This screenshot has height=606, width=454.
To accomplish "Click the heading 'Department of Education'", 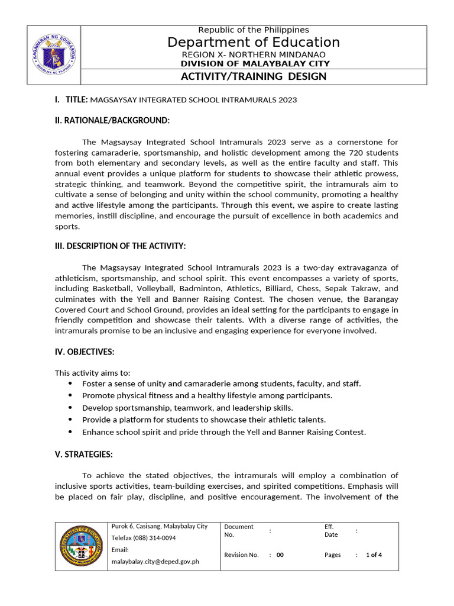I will coord(254,42).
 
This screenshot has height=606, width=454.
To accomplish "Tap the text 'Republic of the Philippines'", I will coord(254,30).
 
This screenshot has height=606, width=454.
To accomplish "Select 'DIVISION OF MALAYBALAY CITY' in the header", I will coord(255,63).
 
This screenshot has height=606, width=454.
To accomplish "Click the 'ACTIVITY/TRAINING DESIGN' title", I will coord(254,77).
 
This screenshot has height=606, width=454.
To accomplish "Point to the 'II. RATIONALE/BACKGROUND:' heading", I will coord(112,121).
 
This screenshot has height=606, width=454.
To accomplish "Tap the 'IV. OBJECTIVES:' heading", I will coord(85,352).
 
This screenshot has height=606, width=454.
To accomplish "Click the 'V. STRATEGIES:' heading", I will coord(83,454).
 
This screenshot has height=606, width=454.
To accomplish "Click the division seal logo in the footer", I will coord(82,546).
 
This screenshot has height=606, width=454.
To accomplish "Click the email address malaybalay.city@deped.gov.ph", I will coord(155,561).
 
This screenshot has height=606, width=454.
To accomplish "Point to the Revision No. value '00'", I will coord(280,555).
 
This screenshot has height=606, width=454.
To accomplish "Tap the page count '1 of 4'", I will coord(374,555).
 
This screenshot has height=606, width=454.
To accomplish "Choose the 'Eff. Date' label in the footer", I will coord(331,530).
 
